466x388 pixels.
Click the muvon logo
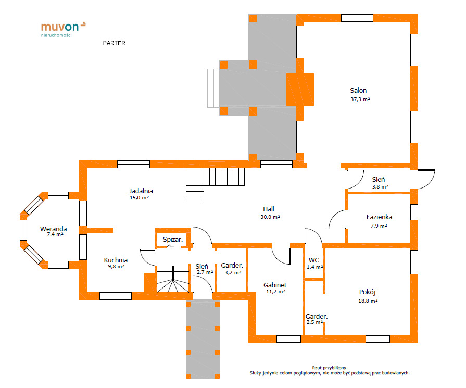click(64, 30)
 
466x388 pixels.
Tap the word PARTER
click(114, 43)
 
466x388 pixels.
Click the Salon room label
click(358, 91)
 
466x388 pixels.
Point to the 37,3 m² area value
click(360, 99)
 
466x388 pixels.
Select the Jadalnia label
click(141, 191)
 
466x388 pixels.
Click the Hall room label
click(269, 209)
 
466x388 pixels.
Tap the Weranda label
click(54, 229)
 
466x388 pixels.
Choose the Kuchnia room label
click(116, 260)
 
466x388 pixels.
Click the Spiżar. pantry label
click(173, 240)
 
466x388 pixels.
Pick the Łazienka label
click(379, 217)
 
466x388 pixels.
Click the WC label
click(314, 260)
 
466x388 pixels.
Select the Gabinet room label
click(275, 285)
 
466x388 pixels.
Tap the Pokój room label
click(367, 292)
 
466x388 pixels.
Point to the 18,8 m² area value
click(368, 301)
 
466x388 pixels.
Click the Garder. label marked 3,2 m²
click(232, 265)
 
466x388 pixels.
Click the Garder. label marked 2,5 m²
click(317, 316)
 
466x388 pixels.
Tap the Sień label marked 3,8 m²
click(379, 180)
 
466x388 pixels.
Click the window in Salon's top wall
click(357, 18)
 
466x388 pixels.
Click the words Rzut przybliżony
click(330, 368)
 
